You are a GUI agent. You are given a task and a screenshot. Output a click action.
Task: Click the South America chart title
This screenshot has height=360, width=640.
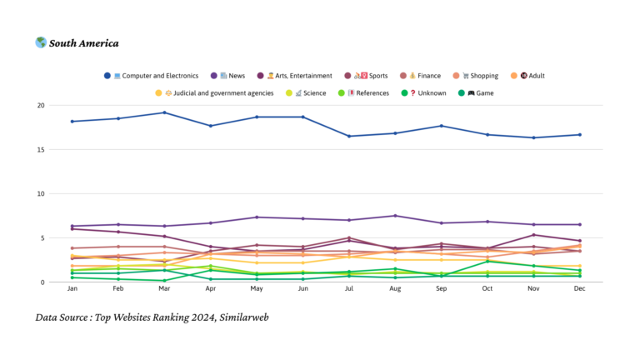click(x=83, y=43)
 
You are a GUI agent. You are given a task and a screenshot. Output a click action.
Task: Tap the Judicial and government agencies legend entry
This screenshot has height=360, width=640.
click(x=220, y=92)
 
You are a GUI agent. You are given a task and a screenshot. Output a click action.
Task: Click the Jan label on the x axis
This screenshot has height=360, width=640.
click(x=72, y=288)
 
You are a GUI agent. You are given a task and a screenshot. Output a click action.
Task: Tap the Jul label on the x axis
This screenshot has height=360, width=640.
click(x=349, y=288)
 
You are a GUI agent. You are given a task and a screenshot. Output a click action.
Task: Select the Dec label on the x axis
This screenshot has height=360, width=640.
click(x=579, y=288)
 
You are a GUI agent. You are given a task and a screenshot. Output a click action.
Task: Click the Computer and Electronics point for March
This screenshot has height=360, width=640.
click(x=165, y=112)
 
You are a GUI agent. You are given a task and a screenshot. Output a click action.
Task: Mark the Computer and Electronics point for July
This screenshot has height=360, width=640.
click(x=349, y=136)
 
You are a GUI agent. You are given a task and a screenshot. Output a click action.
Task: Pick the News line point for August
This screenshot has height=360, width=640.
click(x=395, y=216)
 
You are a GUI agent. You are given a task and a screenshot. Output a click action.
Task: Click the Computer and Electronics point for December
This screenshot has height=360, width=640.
click(x=579, y=134)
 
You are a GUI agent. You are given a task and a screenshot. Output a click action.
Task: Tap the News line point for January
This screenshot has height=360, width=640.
click(x=72, y=226)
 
